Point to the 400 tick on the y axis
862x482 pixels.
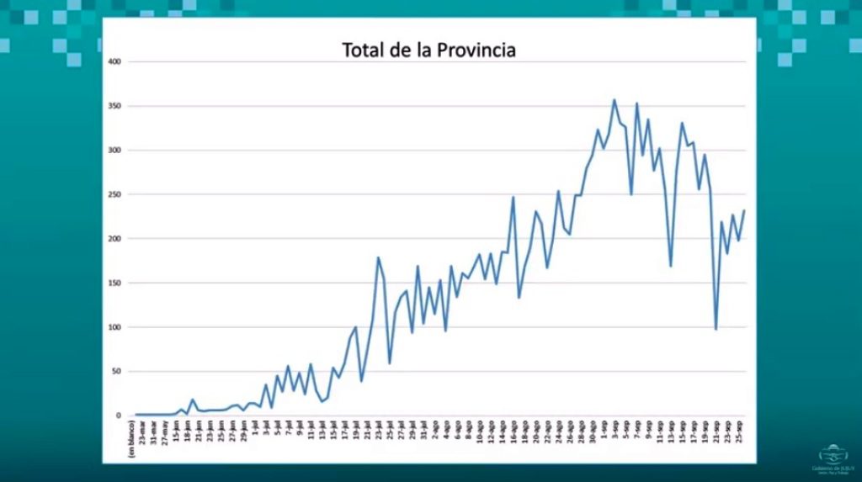[115, 62]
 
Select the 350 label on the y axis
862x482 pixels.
[115, 106]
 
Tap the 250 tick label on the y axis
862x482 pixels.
[115, 194]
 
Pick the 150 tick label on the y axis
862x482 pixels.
[115, 283]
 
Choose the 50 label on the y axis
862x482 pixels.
[118, 371]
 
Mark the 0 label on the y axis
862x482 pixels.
[120, 416]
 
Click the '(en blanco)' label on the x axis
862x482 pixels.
[132, 438]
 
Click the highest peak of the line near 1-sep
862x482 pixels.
[614, 100]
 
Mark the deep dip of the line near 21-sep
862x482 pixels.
[716, 329]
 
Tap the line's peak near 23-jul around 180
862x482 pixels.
[378, 257]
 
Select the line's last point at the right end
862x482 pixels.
[744, 210]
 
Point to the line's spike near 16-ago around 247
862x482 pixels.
[513, 198]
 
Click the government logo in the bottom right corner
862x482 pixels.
[832, 458]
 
